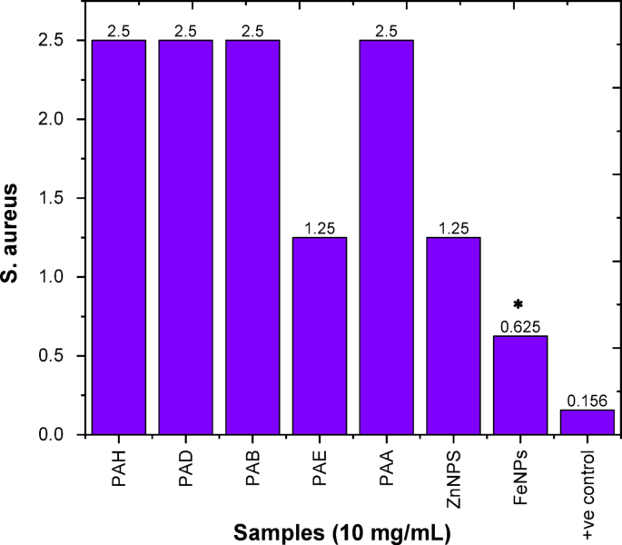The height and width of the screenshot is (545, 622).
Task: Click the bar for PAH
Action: click(118, 237)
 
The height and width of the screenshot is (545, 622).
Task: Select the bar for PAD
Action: click(185, 237)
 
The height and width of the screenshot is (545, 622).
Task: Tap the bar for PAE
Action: click(320, 335)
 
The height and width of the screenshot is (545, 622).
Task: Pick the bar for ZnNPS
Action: click(453, 335)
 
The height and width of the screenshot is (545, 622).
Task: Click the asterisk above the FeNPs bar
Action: click(519, 304)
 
